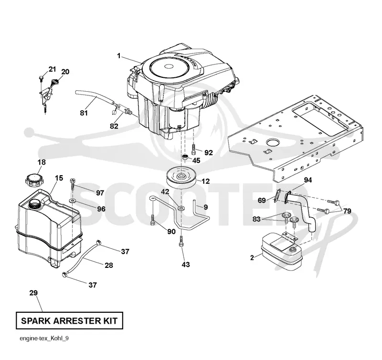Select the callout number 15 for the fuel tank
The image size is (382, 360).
point(59,178)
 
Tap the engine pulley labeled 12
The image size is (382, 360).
point(181,177)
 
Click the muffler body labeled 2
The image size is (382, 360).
point(282,252)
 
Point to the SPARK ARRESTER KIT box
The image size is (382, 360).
point(69,320)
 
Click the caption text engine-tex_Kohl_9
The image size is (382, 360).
point(44,339)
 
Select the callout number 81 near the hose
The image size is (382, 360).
point(84,113)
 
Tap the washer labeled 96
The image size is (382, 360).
point(73,201)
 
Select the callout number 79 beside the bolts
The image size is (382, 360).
point(347,211)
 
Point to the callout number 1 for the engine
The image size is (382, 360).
point(119,56)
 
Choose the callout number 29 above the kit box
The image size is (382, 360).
point(33,293)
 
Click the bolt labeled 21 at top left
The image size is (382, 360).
point(41,77)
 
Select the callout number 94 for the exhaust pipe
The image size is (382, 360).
point(308,180)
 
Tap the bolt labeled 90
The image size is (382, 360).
point(153,220)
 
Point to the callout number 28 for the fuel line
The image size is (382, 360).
point(109,265)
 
